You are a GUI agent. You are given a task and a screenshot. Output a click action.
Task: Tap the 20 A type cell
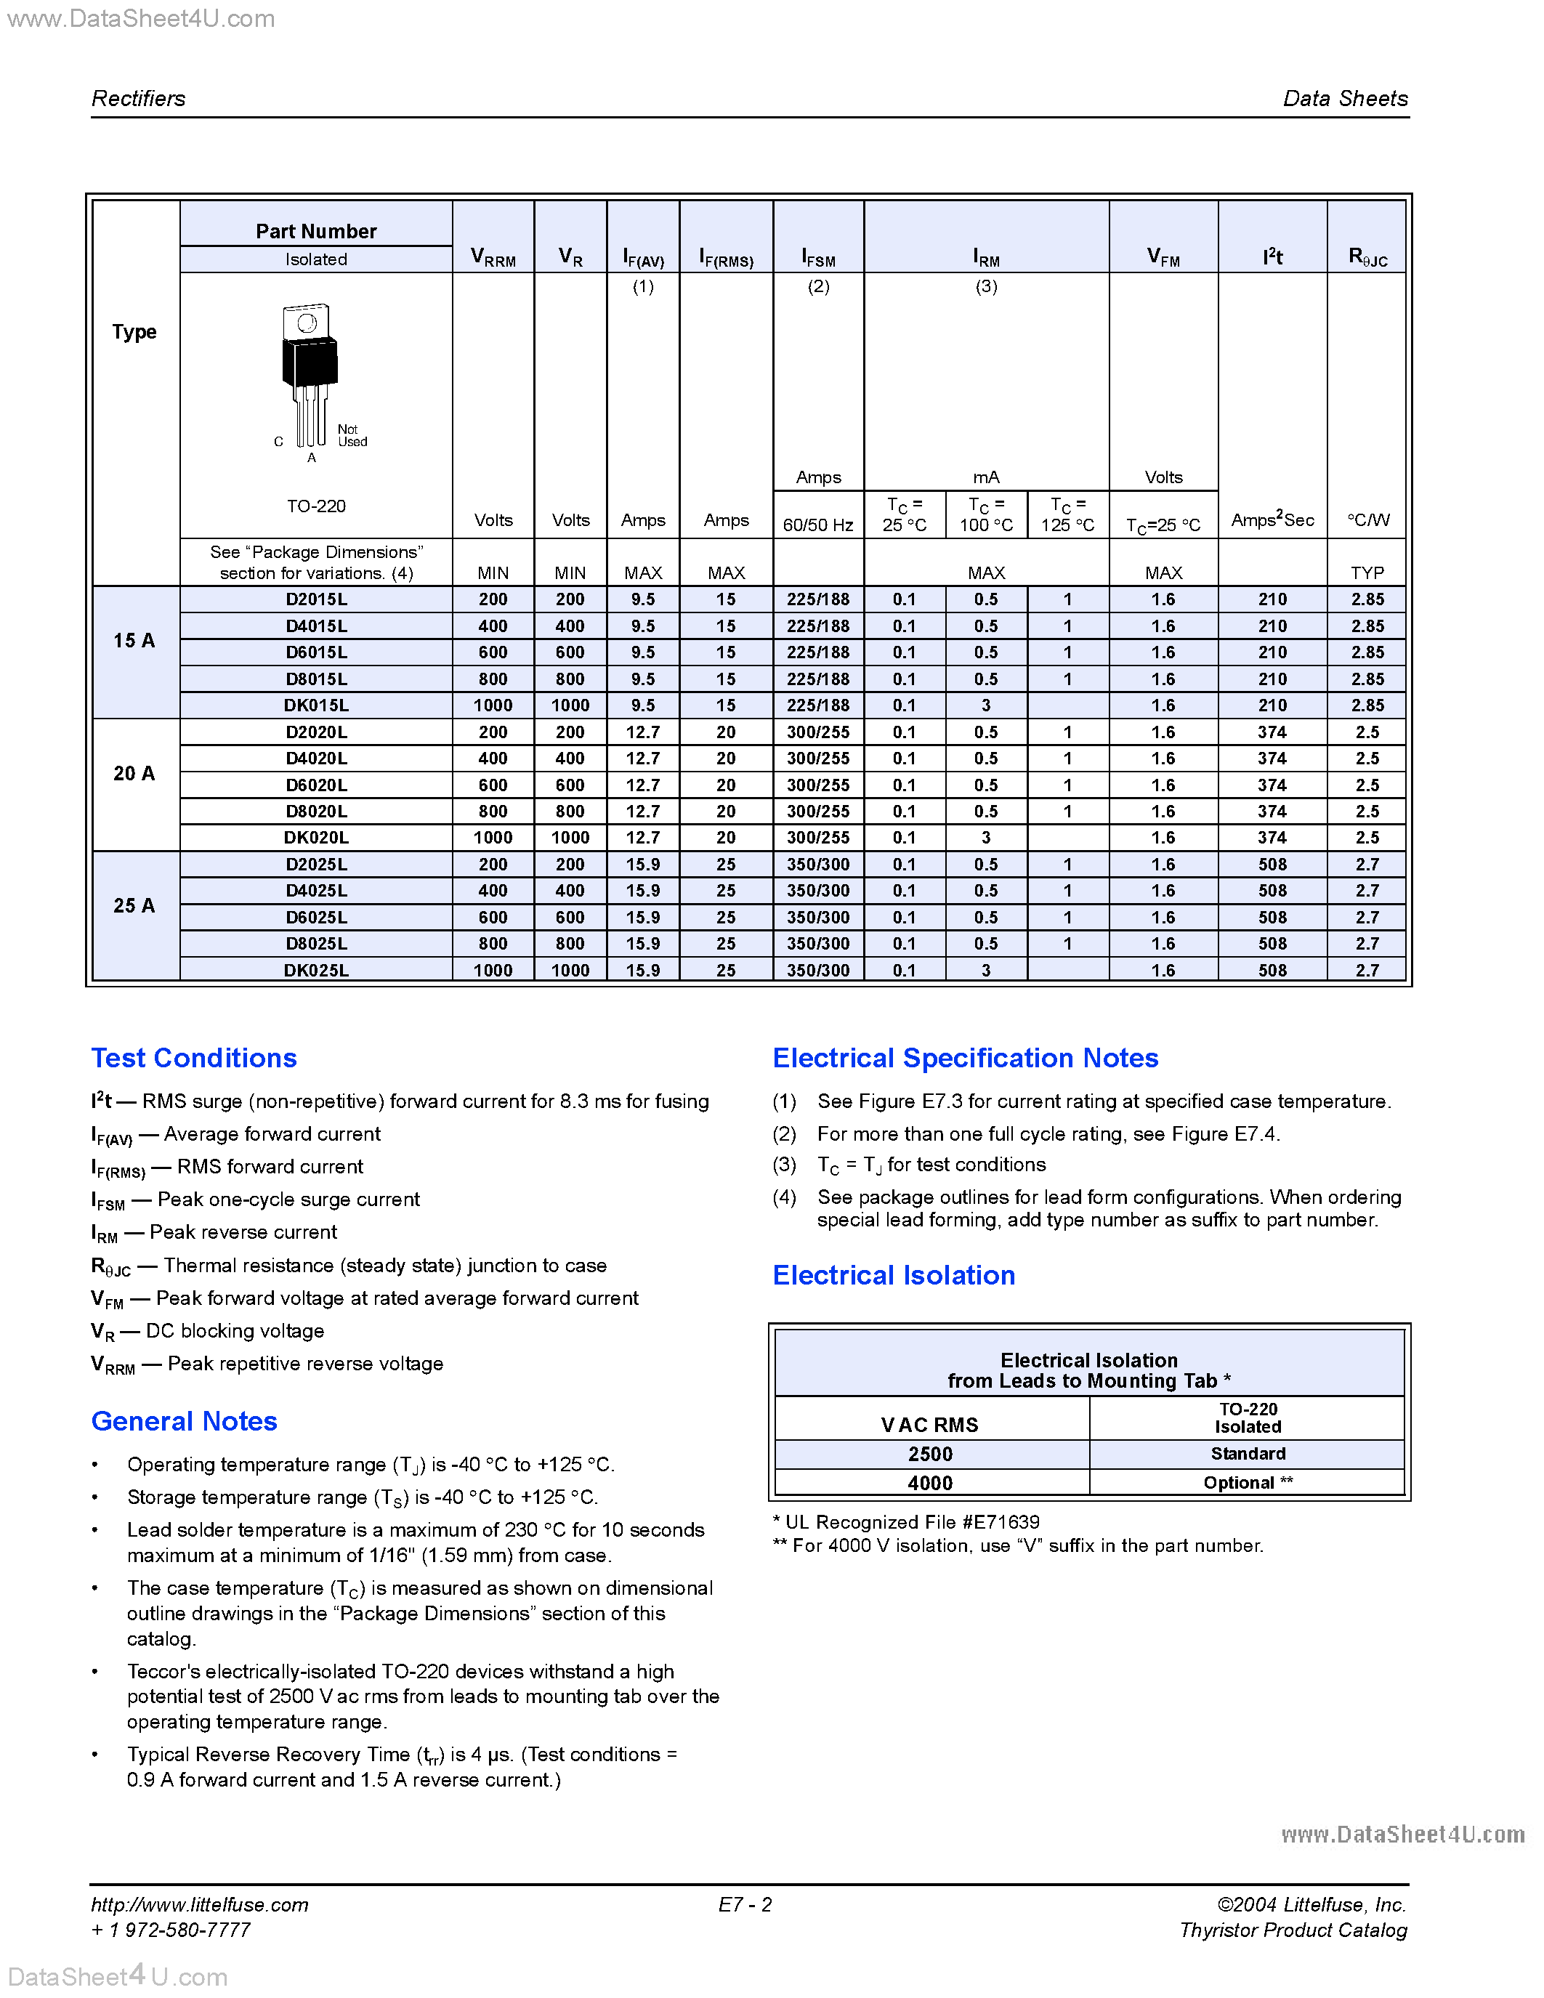coord(134,774)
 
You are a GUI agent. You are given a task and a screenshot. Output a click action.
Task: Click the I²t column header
coord(1272,257)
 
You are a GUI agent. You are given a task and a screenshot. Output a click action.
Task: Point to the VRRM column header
coord(493,257)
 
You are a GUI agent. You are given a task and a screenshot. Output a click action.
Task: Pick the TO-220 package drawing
coord(310,375)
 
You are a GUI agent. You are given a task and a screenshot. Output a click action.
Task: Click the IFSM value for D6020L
coord(817,785)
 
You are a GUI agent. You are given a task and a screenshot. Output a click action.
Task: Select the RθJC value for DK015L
coord(1367,705)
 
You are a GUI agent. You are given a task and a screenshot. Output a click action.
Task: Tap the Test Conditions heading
coord(194,1059)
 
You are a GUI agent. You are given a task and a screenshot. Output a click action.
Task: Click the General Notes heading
coord(184,1422)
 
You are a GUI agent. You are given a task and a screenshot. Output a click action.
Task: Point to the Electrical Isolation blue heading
coord(894,1275)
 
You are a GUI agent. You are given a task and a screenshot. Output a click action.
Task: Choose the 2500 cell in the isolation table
coord(930,1455)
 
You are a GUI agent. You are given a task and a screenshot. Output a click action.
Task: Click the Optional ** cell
coord(1248,1483)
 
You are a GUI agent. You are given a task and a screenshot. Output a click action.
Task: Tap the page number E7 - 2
coord(745,1905)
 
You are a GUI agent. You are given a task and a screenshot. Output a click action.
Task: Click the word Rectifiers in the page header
coord(138,99)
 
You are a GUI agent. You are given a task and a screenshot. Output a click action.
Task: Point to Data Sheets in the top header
coord(1345,99)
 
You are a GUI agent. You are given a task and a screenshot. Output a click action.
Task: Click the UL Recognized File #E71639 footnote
coord(907,1522)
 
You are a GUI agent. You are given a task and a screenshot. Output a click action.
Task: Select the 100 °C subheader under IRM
coord(986,515)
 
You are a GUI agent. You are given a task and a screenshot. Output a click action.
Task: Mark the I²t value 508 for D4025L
coord(1272,891)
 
